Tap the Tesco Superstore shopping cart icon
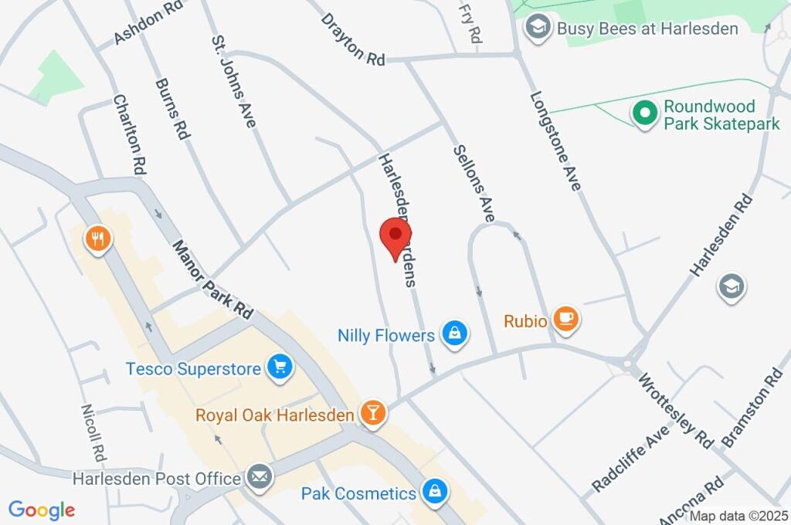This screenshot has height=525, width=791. (280, 368)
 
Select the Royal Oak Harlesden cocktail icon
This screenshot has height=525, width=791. (372, 415)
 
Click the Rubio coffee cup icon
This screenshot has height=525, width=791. (566, 320)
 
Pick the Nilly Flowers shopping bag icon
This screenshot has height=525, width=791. (455, 335)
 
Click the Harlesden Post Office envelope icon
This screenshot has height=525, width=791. (260, 478)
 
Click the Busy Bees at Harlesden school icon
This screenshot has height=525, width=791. (535, 29)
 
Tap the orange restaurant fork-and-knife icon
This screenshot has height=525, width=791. (97, 239)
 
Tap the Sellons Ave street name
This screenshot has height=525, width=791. (474, 184)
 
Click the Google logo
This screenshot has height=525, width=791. (42, 510)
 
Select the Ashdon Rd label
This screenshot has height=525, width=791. (148, 22)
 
